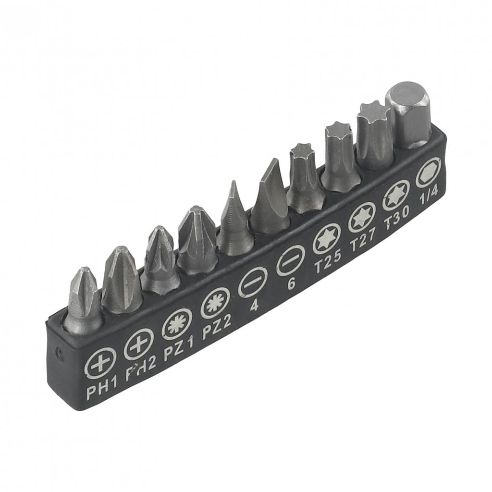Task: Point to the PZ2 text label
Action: (x=217, y=332)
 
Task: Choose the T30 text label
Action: (x=397, y=221)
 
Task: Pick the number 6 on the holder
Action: (x=291, y=283)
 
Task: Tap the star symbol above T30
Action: (x=396, y=195)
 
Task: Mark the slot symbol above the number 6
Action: (x=290, y=260)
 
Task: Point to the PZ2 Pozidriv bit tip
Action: (x=197, y=240)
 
